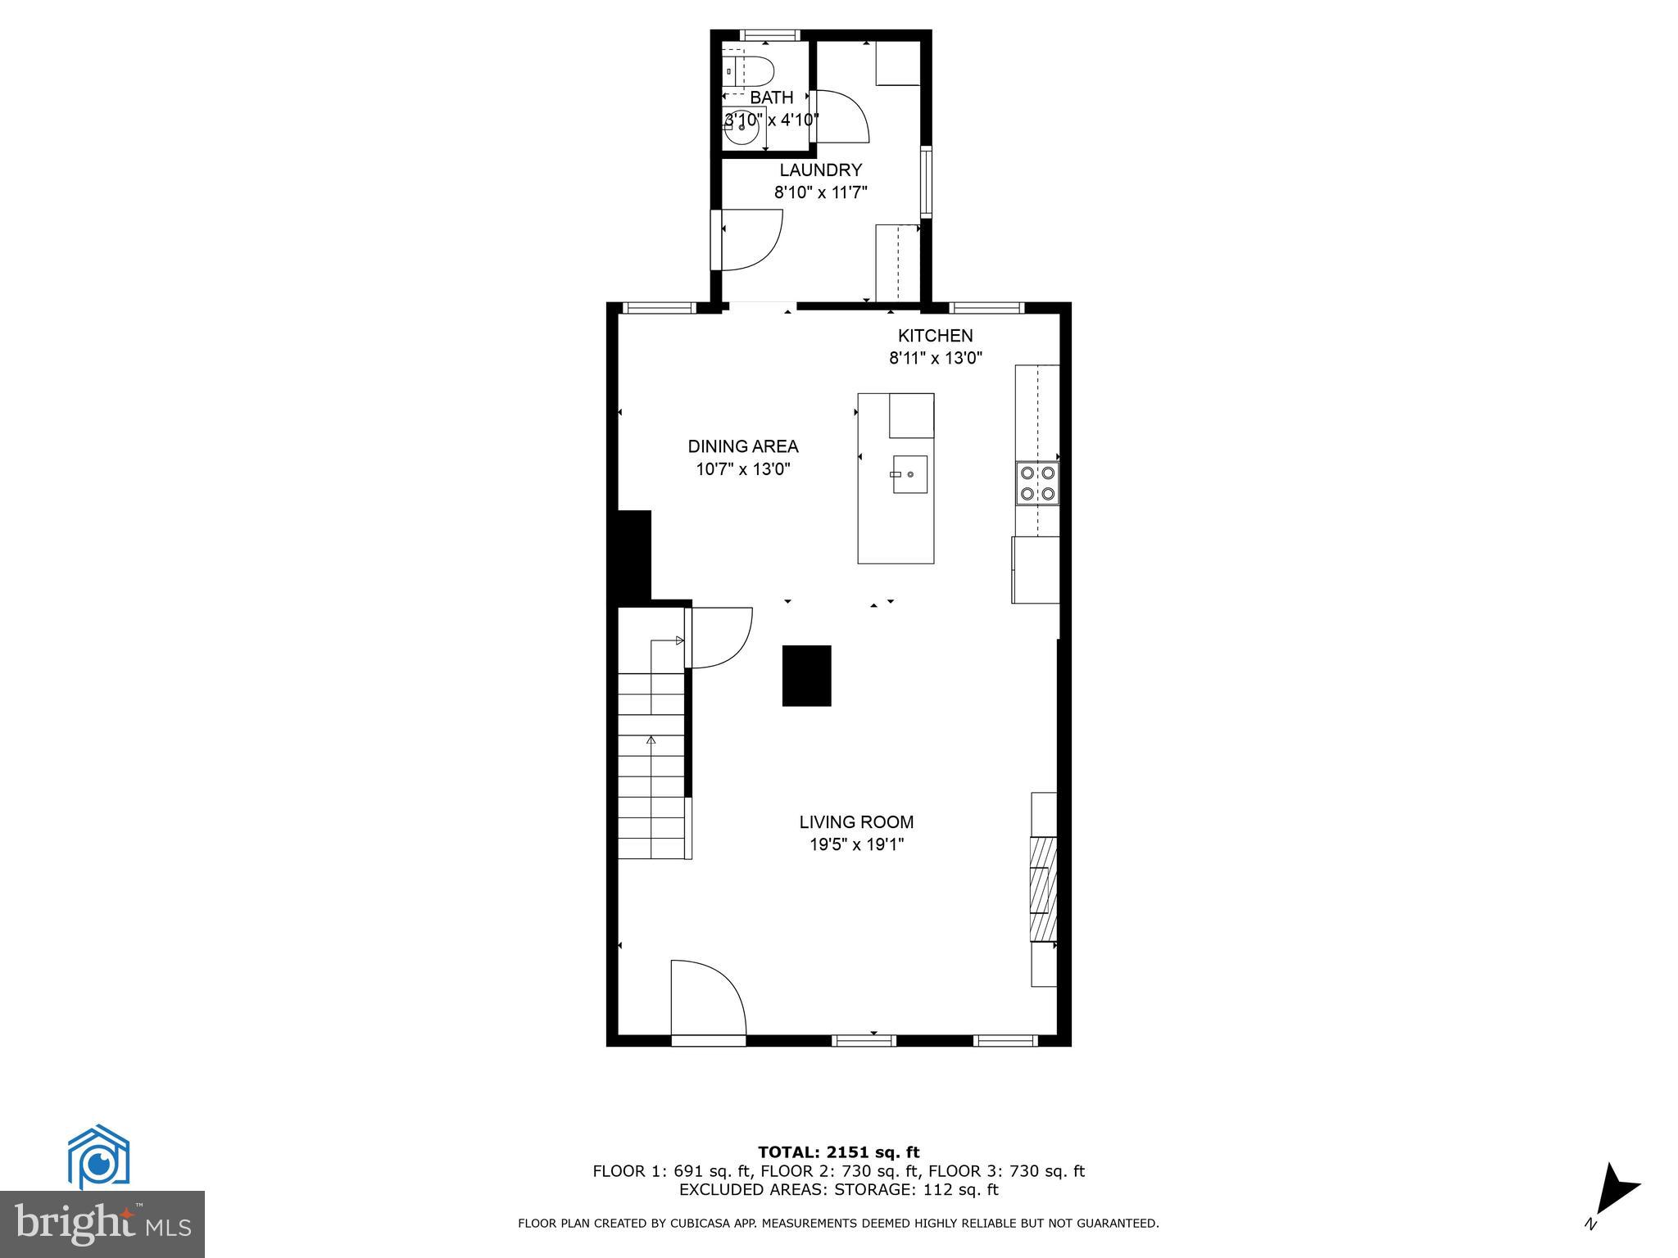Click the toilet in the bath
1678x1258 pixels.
(752, 70)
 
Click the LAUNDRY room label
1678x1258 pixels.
(820, 170)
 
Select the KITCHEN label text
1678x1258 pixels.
(935, 336)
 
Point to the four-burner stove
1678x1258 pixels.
(1036, 482)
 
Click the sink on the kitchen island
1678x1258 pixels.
(909, 474)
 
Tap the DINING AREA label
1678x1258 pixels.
(742, 446)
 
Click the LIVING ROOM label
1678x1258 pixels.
(856, 822)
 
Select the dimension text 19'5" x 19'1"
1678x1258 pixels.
(856, 844)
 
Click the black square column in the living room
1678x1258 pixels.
(806, 676)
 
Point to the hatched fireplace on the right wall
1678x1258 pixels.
(1042, 889)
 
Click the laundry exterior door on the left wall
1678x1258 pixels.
(747, 239)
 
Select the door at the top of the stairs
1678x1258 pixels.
(719, 636)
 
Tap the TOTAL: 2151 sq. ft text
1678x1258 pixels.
(838, 1153)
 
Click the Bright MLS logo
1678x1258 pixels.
(102, 1224)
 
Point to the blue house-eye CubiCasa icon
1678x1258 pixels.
(98, 1157)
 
